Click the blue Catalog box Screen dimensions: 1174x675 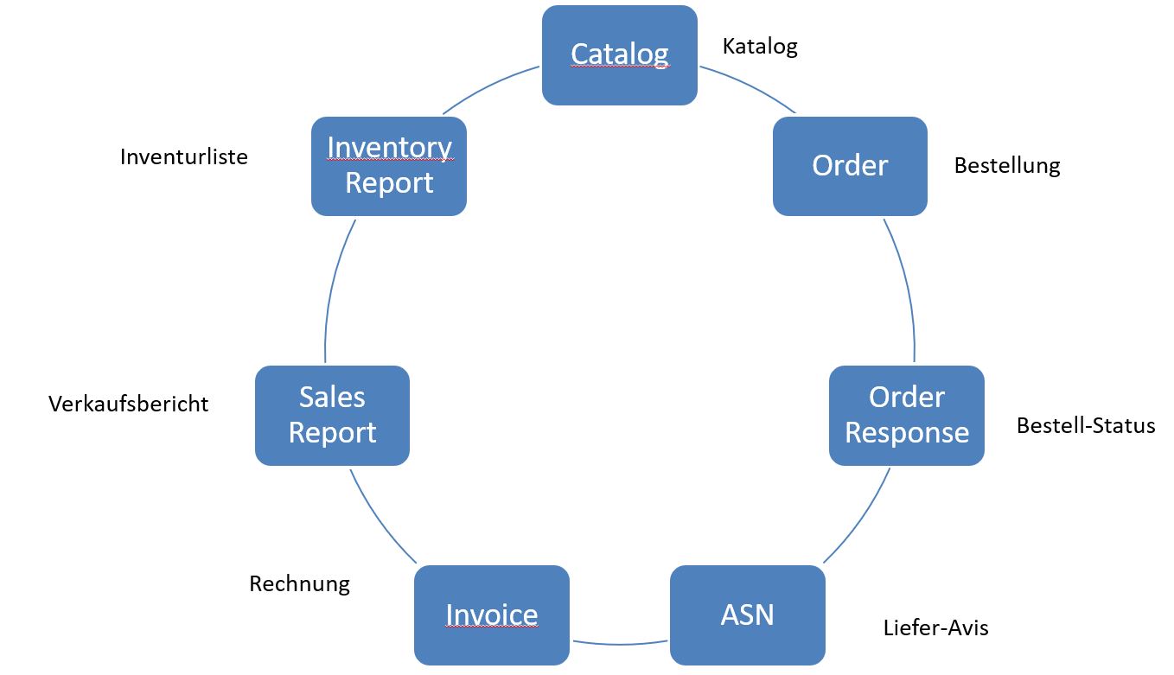tap(620, 55)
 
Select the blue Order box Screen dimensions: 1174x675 tap(850, 166)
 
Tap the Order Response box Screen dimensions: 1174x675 tap(907, 416)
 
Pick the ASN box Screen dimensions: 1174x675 tap(748, 615)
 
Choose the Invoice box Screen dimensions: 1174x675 tap(492, 615)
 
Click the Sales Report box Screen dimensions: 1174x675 tap(332, 416)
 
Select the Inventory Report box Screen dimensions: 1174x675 tap(389, 166)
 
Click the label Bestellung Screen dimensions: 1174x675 tap(1007, 166)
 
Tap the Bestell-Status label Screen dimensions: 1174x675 tap(1086, 425)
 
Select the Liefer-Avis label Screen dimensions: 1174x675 tap(935, 627)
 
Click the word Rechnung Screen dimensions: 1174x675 tap(299, 584)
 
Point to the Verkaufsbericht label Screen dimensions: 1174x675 tap(129, 404)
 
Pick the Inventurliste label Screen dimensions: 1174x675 tap(184, 156)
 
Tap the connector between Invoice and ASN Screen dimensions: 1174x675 tap(620, 644)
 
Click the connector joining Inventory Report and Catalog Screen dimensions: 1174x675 tap(488, 86)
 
